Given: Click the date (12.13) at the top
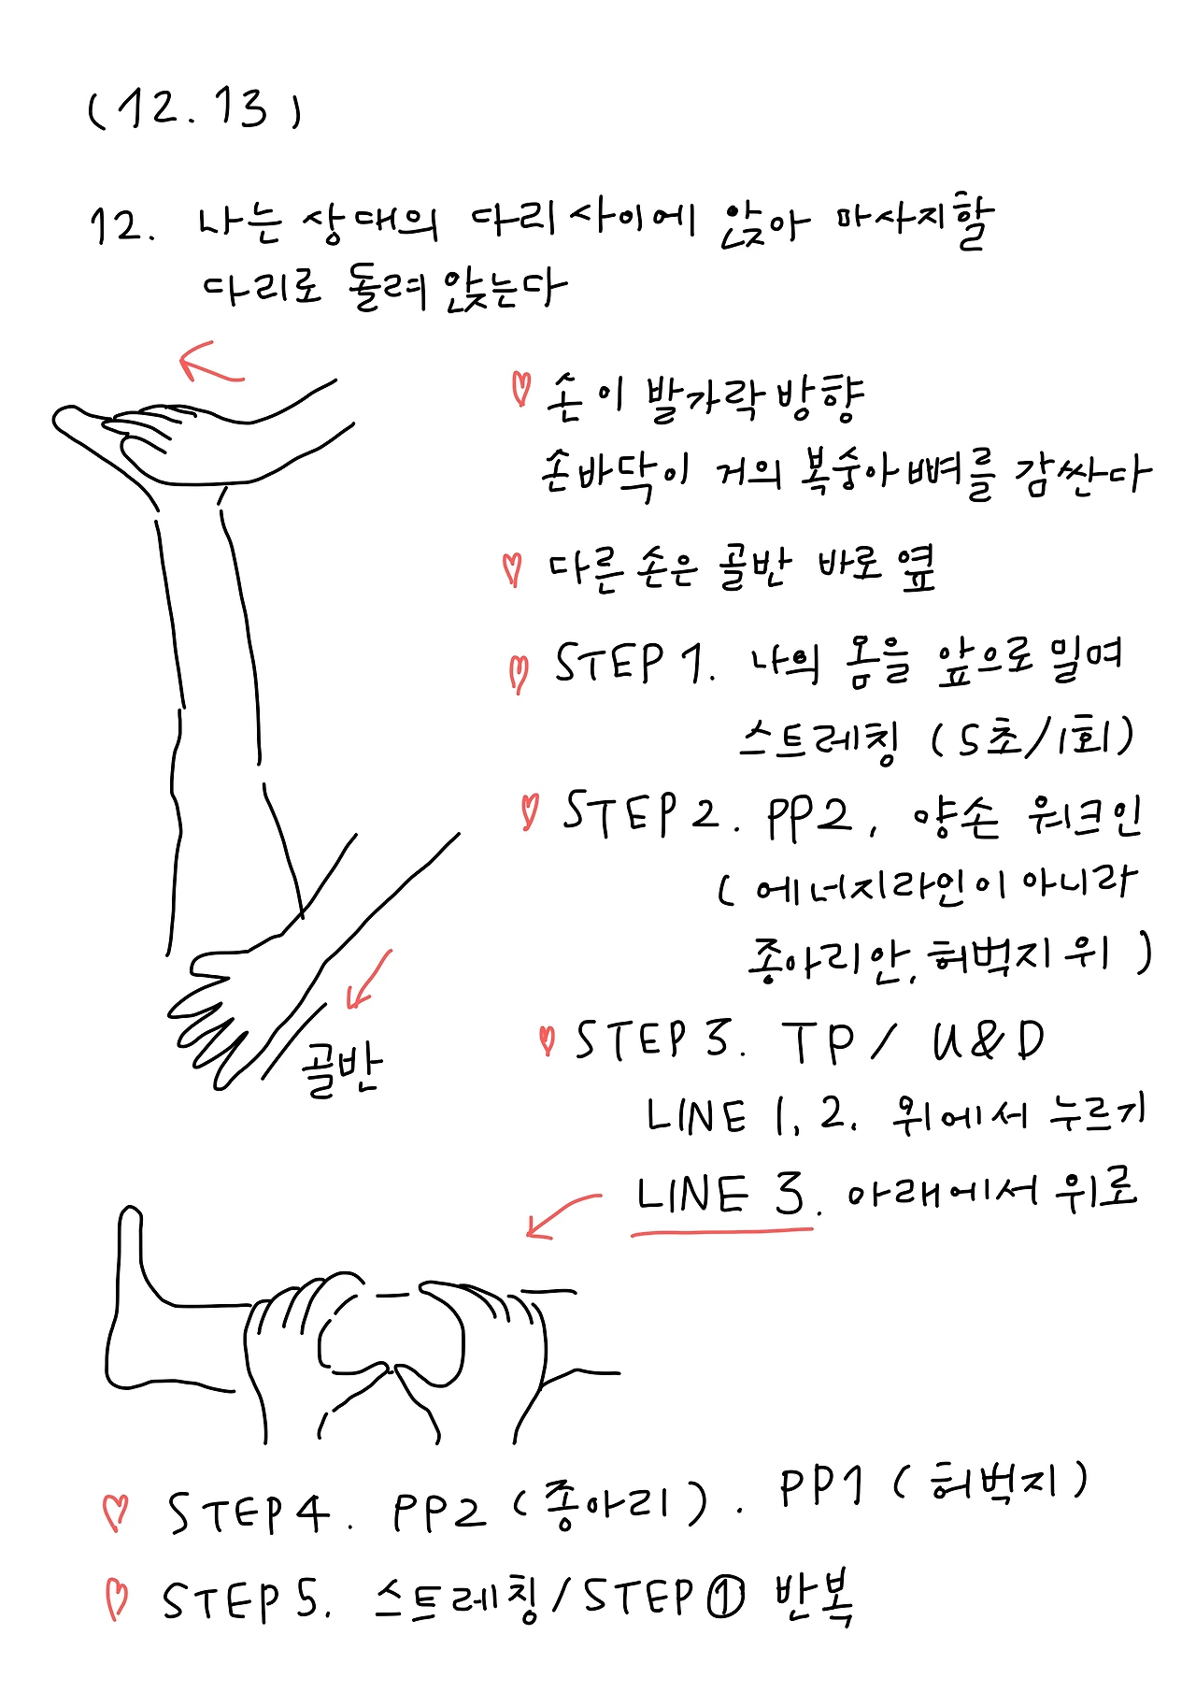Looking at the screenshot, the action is [194, 109].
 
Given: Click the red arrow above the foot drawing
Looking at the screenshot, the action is [210, 365].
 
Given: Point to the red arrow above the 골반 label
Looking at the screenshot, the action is [368, 980].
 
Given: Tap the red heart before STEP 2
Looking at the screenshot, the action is [530, 811].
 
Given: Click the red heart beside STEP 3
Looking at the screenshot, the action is [548, 1040].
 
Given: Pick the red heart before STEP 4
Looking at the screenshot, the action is [116, 1512].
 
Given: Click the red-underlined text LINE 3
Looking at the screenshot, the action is [720, 1197].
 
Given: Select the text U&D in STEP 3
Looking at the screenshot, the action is [988, 1040].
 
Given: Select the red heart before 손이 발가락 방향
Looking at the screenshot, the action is [520, 388].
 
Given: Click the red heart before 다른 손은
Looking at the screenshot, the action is [512, 567].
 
